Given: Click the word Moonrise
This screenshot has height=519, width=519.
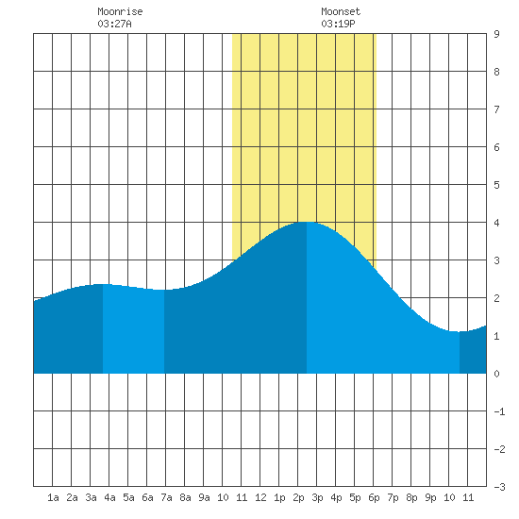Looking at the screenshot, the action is pyautogui.click(x=120, y=11).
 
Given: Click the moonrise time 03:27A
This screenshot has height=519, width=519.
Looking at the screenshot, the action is pyautogui.click(x=114, y=24).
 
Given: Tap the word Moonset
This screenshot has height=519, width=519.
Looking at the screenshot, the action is pyautogui.click(x=341, y=11).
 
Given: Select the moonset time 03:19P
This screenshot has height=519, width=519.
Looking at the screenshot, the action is pyautogui.click(x=338, y=24).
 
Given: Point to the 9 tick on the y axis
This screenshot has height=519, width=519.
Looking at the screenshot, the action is pyautogui.click(x=496, y=34).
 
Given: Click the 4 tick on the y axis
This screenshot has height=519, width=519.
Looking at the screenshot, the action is pyautogui.click(x=496, y=223).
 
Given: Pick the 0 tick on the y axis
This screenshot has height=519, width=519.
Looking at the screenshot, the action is pyautogui.click(x=496, y=374).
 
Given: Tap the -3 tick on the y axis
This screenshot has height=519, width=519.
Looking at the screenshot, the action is pyautogui.click(x=499, y=487).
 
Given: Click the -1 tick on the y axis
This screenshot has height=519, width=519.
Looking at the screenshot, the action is pyautogui.click(x=499, y=411).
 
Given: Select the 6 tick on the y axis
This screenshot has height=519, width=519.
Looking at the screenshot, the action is pyautogui.click(x=496, y=147).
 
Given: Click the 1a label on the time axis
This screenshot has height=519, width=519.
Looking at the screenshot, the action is pyautogui.click(x=53, y=497).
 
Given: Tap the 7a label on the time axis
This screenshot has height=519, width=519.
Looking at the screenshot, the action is pyautogui.click(x=166, y=497).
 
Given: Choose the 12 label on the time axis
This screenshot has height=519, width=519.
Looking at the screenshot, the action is pyautogui.click(x=260, y=497).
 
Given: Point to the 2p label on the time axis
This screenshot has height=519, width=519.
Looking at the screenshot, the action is pyautogui.click(x=298, y=497).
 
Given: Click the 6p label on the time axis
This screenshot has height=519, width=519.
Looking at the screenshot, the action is pyautogui.click(x=374, y=497).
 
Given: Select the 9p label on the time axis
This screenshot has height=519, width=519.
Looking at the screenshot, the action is pyautogui.click(x=430, y=497).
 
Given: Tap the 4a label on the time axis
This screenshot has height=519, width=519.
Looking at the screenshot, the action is pyautogui.click(x=109, y=497).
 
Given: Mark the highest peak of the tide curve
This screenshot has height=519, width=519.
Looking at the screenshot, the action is pyautogui.click(x=307, y=222).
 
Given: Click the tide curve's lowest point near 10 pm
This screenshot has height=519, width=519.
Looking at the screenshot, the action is pyautogui.click(x=459, y=331).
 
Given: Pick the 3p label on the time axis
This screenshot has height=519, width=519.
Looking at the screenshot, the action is pyautogui.click(x=317, y=497).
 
